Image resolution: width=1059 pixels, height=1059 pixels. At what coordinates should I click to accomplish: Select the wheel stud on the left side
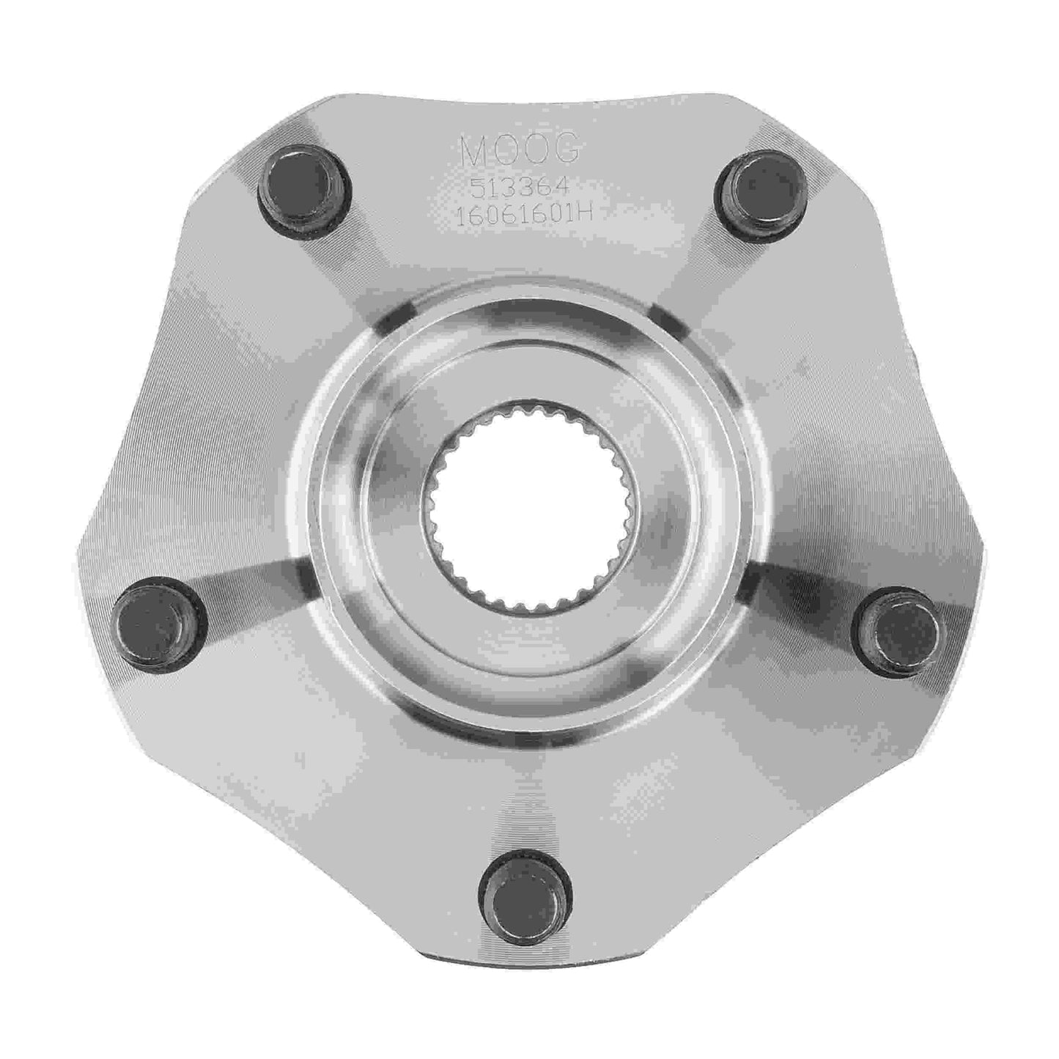[x=160, y=620]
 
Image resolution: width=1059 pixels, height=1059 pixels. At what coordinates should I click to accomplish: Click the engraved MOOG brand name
[x=522, y=151]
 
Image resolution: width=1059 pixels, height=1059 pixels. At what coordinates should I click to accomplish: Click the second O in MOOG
[x=538, y=151]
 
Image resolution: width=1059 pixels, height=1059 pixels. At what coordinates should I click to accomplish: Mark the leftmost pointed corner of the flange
[x=79, y=542]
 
